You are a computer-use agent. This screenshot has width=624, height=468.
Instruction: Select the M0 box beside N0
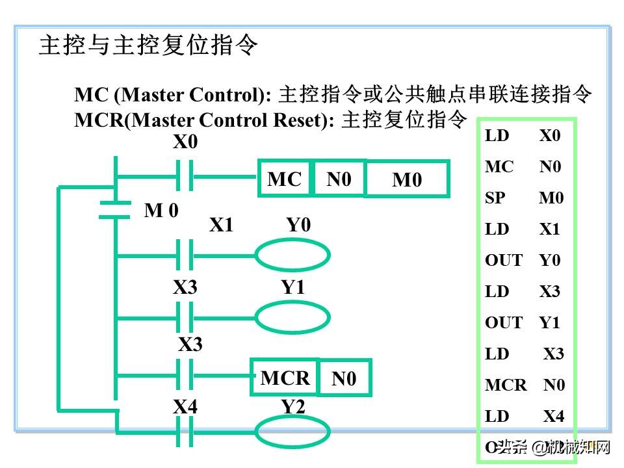coord(407,179)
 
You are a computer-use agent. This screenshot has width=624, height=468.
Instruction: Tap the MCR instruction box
coord(285,377)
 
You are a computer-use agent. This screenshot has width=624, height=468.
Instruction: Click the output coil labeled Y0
coord(292,255)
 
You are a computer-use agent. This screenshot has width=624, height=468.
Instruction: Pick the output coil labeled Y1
coord(292,318)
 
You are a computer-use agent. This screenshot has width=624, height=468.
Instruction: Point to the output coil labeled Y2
coord(292,432)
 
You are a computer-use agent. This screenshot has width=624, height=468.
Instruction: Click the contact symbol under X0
coord(185,176)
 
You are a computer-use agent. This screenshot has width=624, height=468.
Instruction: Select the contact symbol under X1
coord(185,255)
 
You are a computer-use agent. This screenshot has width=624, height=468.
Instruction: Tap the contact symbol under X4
coord(185,432)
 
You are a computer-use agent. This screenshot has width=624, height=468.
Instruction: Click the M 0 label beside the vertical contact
coord(161,210)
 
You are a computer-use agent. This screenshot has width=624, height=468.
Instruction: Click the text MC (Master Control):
coord(173,95)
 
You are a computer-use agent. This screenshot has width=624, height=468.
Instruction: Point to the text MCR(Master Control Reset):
coord(205,120)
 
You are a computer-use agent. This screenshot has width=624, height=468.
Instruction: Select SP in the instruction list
coord(495,198)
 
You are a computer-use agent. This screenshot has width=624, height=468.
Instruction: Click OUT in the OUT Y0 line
coord(503,261)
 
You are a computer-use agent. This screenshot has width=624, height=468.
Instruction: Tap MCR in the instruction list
coord(506,385)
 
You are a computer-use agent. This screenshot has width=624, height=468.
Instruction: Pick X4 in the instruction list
coord(554,417)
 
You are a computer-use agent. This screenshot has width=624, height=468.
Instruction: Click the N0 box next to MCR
coord(344,378)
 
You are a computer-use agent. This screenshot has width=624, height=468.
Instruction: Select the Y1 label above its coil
coord(293,287)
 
